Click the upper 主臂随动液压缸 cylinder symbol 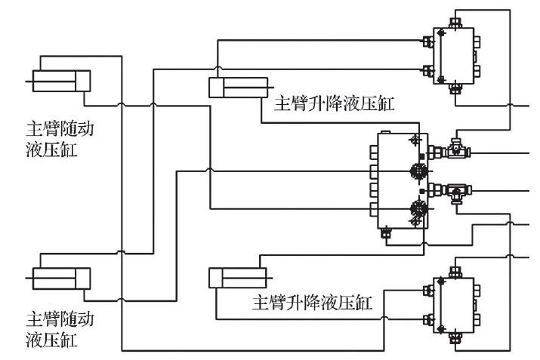click(60, 81)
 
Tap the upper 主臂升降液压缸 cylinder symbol click(238, 88)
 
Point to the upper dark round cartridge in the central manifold click(415, 171)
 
